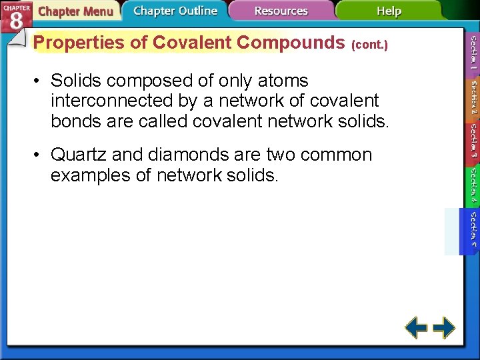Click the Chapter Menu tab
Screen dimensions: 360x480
75,11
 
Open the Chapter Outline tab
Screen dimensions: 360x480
175,11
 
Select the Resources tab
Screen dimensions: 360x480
281,11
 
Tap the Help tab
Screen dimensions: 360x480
389,11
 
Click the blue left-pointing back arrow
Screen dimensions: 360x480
417,327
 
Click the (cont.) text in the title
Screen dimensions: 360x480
369,45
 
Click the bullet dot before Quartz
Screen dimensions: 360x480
39,155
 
